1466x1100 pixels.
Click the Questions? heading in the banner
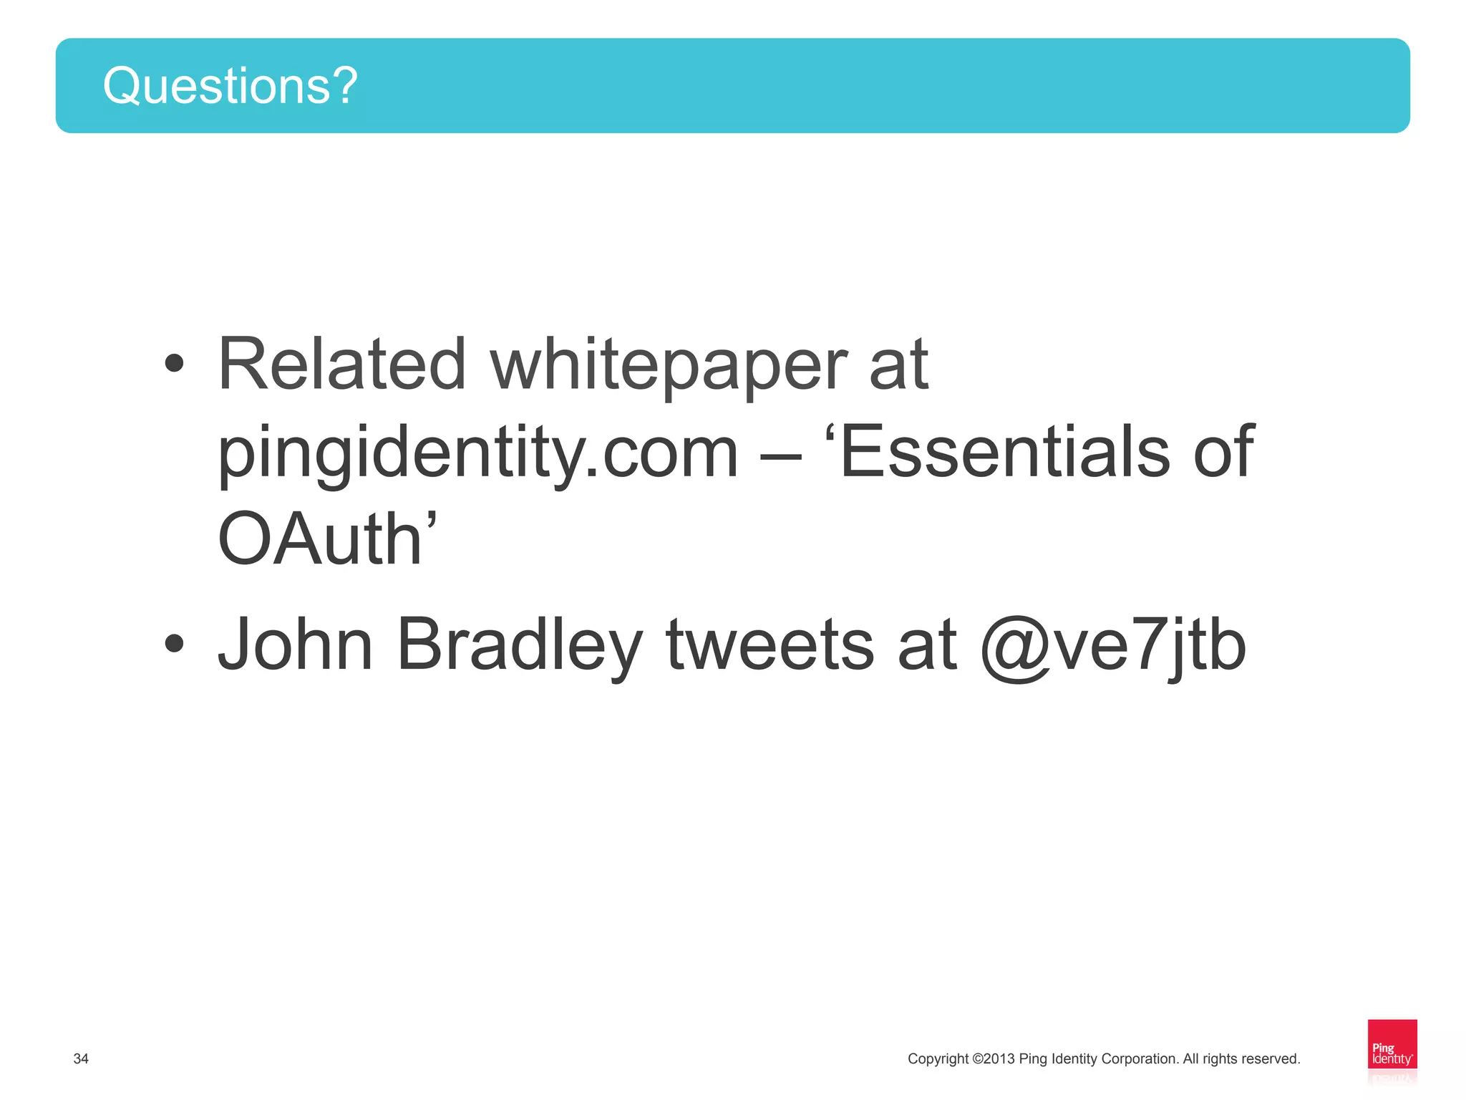point(230,86)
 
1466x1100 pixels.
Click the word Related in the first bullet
point(342,365)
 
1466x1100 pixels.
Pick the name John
point(295,645)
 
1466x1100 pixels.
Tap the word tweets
point(770,645)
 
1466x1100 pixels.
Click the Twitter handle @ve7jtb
point(1113,646)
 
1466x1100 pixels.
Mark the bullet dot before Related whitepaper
point(174,363)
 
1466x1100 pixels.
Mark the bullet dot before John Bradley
point(174,643)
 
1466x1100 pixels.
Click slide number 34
point(81,1058)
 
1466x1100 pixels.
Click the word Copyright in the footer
point(938,1058)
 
